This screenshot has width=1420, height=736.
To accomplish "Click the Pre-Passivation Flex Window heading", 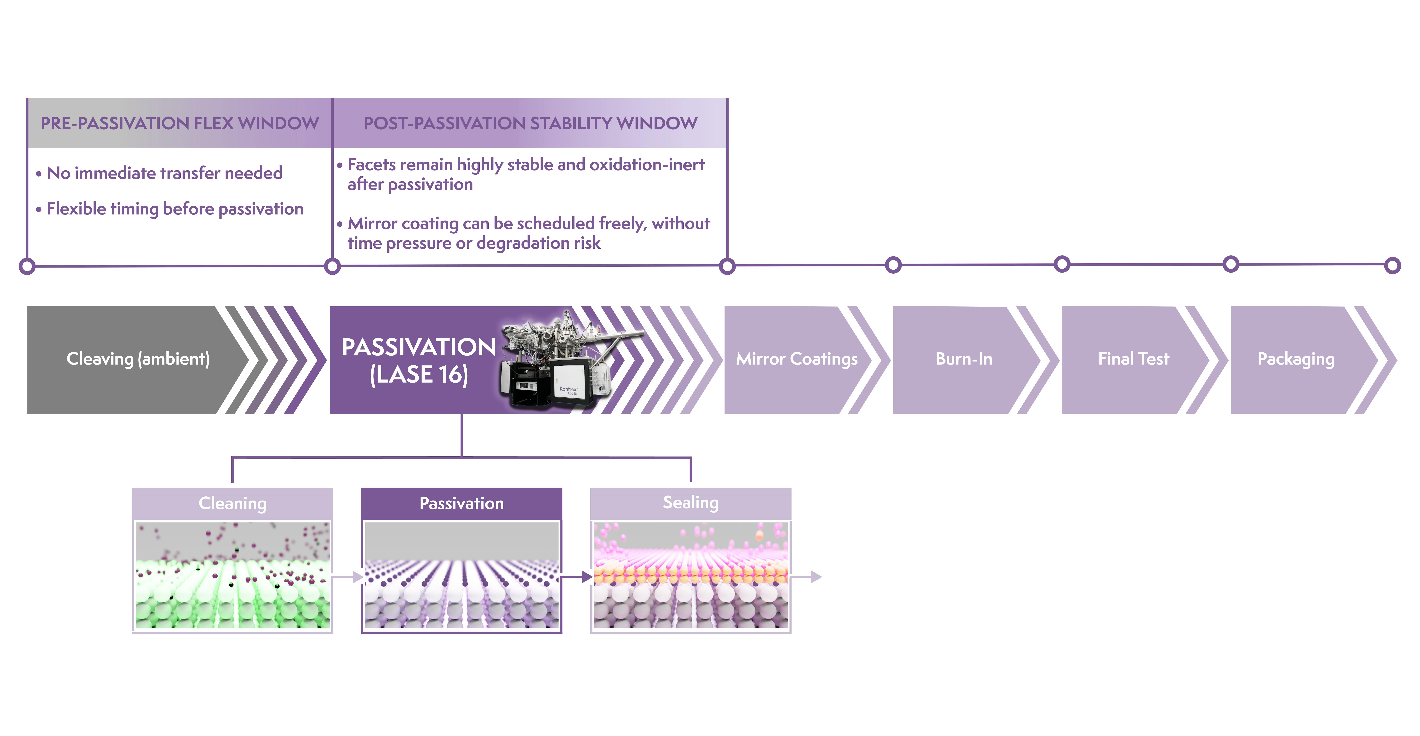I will pyautogui.click(x=180, y=123).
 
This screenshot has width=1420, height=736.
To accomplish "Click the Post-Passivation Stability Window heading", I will pyautogui.click(x=530, y=123).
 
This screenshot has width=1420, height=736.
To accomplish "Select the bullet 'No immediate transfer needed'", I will pyautogui.click(x=164, y=173).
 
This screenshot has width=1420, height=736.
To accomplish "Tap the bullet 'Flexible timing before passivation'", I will pyautogui.click(x=175, y=209).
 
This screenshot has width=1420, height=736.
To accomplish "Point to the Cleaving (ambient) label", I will pyautogui.click(x=138, y=359).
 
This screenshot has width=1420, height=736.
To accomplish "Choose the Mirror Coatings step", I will pyautogui.click(x=796, y=359).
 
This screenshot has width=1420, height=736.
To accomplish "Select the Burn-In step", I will pyautogui.click(x=964, y=359).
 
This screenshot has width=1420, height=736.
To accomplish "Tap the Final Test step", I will pyautogui.click(x=1133, y=359).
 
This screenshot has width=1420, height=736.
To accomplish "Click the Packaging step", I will pyautogui.click(x=1295, y=359).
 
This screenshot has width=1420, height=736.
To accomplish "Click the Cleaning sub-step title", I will pyautogui.click(x=232, y=503).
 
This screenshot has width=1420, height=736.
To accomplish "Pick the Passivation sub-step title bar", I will pyautogui.click(x=461, y=503).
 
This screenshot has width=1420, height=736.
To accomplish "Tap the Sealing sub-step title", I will pyautogui.click(x=690, y=502).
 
